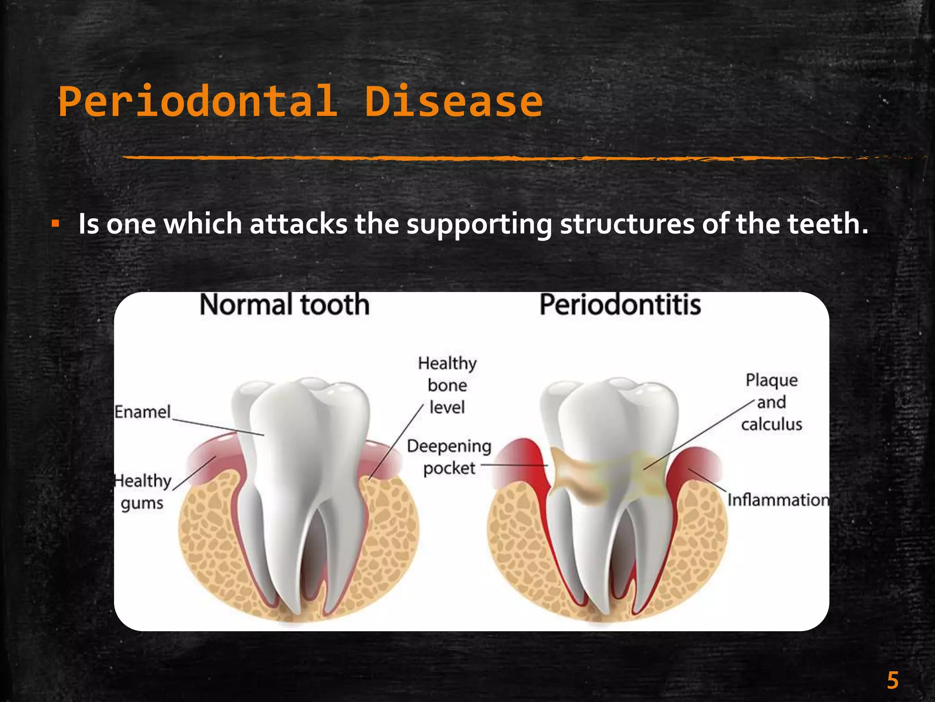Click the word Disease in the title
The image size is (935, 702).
[453, 101]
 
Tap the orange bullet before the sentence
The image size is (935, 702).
[55, 224]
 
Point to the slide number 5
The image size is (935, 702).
[893, 681]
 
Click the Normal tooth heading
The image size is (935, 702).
[284, 305]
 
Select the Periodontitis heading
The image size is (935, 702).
[620, 305]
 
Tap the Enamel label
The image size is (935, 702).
[142, 412]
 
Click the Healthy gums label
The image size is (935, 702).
[142, 492]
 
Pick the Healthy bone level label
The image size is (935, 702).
[447, 385]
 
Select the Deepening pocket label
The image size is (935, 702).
[449, 457]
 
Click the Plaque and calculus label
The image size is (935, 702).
[772, 402]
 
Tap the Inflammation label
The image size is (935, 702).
[778, 500]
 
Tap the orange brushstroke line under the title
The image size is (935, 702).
[457, 158]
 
